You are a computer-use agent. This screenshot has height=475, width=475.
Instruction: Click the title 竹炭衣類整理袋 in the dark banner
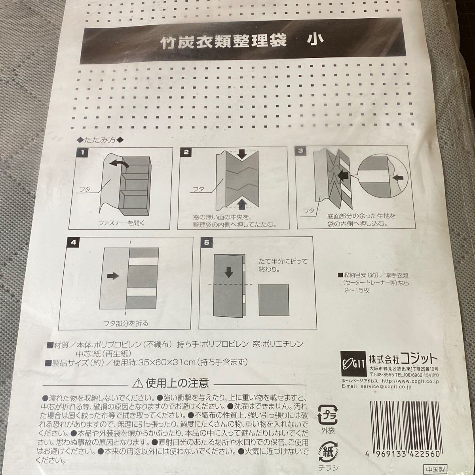[223, 42]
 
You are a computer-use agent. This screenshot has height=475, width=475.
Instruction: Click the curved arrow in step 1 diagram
[119, 163]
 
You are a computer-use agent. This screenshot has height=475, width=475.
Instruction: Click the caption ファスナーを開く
[122, 223]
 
